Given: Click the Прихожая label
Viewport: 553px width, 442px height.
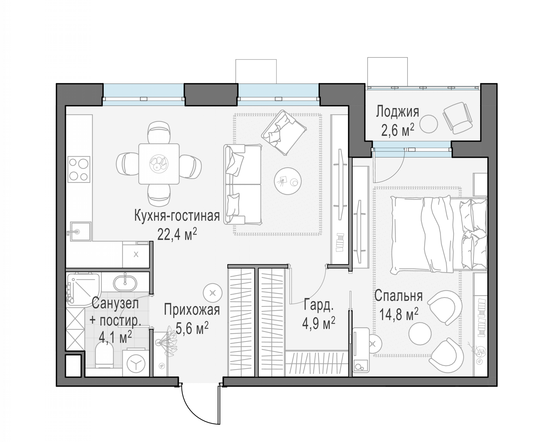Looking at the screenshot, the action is (192, 309).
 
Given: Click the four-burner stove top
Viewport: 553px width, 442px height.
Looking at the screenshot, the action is (79, 169).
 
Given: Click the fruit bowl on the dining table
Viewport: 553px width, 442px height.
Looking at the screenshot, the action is (159, 163).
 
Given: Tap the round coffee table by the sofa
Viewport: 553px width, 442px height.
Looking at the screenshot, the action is (288, 181).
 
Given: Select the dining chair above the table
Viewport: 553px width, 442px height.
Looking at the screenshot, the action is (159, 132).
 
